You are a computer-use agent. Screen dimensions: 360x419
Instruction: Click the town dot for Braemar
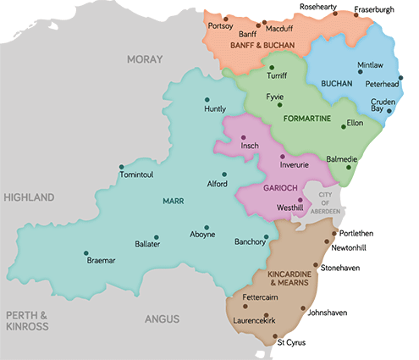pyautogui.click(x=85, y=252)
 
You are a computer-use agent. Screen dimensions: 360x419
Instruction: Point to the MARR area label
pyautogui.click(x=173, y=202)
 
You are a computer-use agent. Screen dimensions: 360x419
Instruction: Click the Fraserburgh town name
pyautogui.click(x=374, y=9)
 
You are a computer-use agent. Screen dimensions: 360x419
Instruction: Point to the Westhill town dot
pyautogui.click(x=300, y=200)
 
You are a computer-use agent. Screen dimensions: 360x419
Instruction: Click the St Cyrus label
pyautogui.click(x=292, y=343)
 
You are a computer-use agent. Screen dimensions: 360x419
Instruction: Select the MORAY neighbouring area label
pyautogui.click(x=143, y=58)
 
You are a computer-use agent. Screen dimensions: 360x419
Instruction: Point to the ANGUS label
pyautogui.click(x=162, y=319)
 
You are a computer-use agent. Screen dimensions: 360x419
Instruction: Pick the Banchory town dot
pyautogui.click(x=266, y=236)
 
